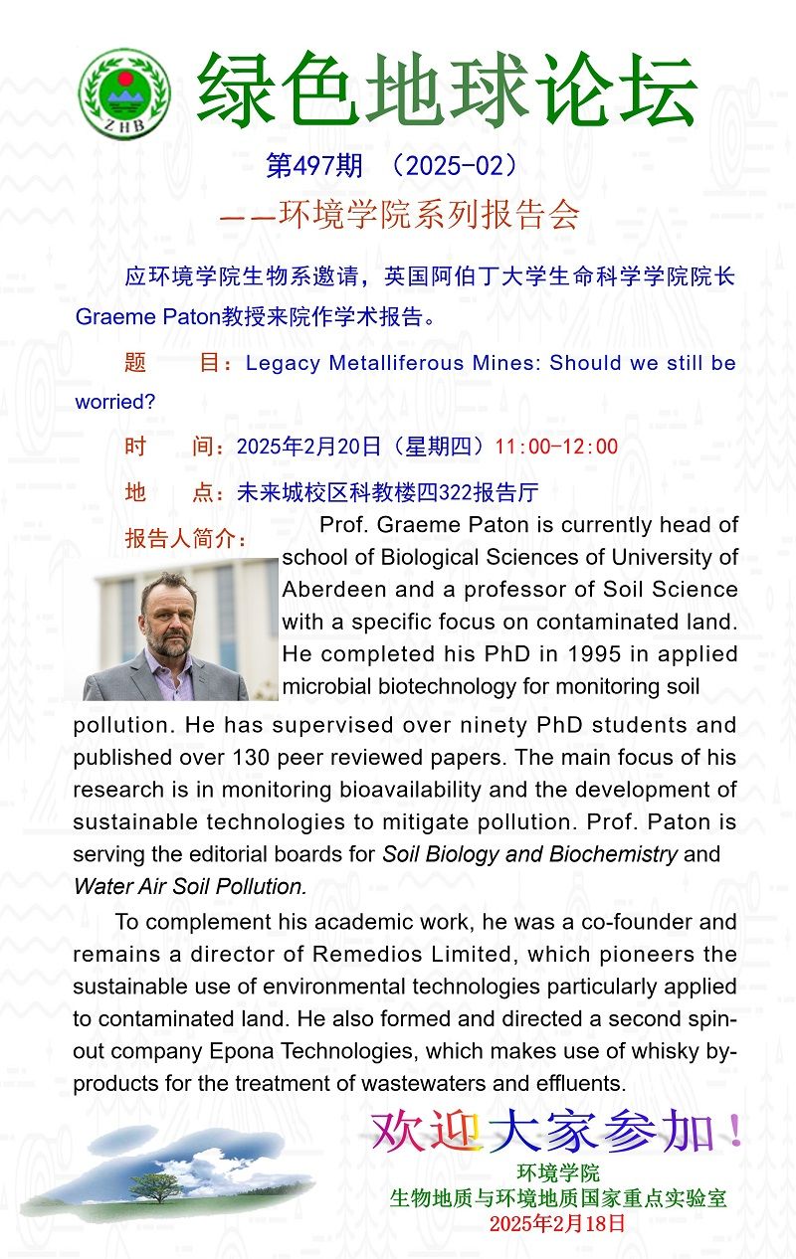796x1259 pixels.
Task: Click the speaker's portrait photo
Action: (179, 629)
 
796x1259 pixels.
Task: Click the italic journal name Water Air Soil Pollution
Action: (190, 886)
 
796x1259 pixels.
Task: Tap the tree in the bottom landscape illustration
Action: (149, 1186)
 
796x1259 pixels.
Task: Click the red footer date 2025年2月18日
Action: (557, 1223)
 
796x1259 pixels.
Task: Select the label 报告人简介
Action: (186, 539)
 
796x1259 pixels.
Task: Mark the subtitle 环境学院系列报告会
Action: (429, 216)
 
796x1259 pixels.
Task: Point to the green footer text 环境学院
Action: (558, 1174)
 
